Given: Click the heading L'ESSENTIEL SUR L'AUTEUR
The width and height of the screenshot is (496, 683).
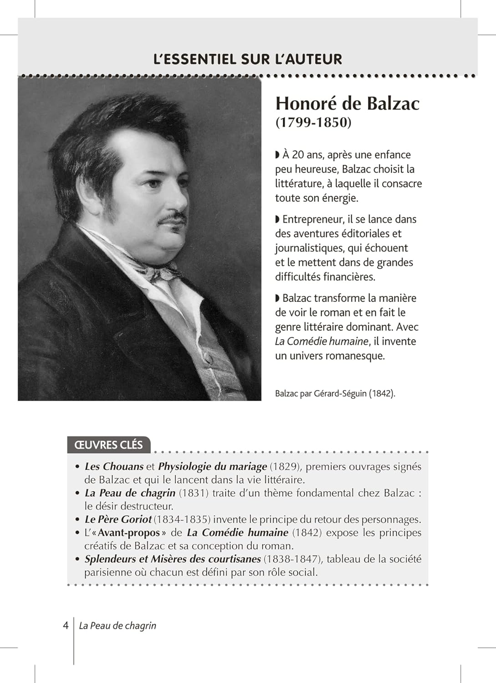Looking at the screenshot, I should click(x=248, y=59).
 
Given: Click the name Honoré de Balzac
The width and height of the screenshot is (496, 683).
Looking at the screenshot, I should click(x=347, y=103).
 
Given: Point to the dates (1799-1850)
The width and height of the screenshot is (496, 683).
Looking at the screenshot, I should click(x=313, y=122).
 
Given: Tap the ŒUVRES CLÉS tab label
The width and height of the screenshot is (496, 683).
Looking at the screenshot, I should click(x=108, y=445).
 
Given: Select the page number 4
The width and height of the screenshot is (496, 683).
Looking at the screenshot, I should click(x=66, y=625).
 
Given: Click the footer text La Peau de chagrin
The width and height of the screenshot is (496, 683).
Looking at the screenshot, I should click(x=118, y=626).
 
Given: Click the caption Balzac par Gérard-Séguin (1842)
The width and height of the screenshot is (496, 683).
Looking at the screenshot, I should click(x=335, y=393).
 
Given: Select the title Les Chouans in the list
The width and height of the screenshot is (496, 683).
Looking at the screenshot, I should click(x=114, y=466).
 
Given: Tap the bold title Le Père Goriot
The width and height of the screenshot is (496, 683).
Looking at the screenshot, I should click(x=118, y=519).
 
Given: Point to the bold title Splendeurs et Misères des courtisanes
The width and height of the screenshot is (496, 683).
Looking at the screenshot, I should click(x=173, y=559).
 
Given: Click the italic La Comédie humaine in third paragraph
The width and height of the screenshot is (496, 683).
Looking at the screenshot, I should click(x=322, y=341).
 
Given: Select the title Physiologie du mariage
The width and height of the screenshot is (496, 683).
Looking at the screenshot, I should click(x=212, y=466).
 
